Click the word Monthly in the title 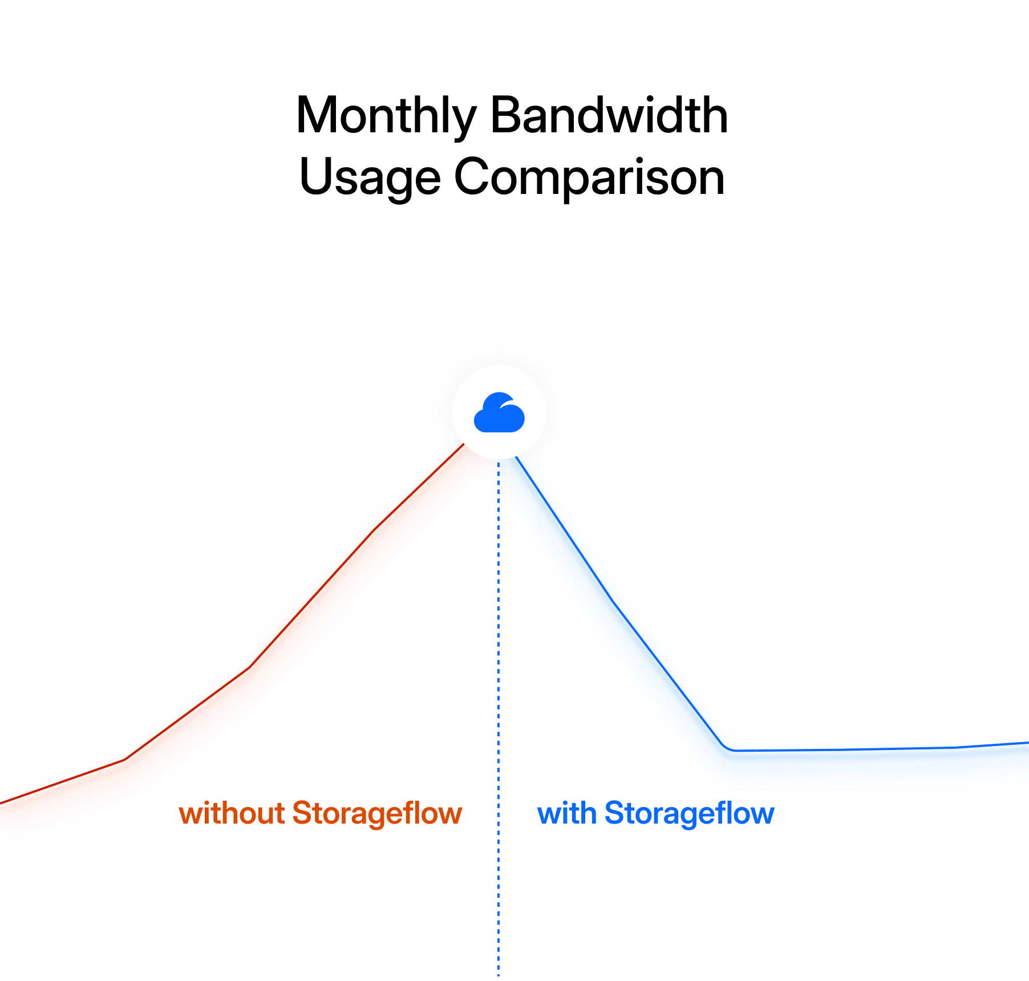tap(386, 116)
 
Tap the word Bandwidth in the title tap(609, 116)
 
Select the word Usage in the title tap(370, 177)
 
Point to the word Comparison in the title tap(589, 177)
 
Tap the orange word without tap(232, 813)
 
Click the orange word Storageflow tap(377, 813)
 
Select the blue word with tap(567, 813)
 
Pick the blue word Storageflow tap(689, 813)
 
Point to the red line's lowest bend tap(125, 759)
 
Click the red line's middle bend tap(249, 667)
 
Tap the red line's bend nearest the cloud tap(375, 529)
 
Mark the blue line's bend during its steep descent tap(613, 601)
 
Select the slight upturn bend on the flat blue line tap(956, 747)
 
